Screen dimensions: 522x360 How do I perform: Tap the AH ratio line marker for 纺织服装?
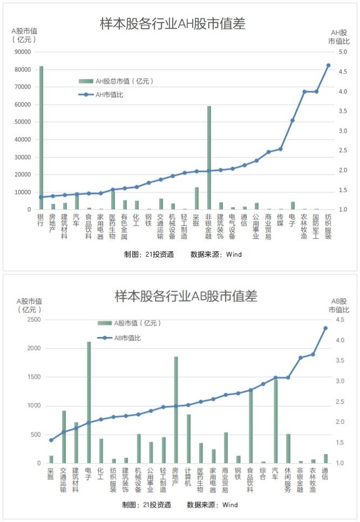[328, 65]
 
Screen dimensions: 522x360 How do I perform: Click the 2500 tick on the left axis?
[33, 320]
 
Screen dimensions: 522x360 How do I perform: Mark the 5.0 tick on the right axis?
[343, 52]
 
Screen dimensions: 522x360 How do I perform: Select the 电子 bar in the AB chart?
[89, 402]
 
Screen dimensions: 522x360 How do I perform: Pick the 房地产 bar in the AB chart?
[175, 410]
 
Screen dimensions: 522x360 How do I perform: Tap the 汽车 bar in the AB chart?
[275, 421]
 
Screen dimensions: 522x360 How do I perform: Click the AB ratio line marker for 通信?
[325, 328]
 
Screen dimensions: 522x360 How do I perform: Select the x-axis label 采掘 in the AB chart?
[51, 473]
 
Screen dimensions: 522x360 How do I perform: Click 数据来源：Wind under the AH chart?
[216, 254]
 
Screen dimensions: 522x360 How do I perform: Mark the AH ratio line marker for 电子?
[293, 120]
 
